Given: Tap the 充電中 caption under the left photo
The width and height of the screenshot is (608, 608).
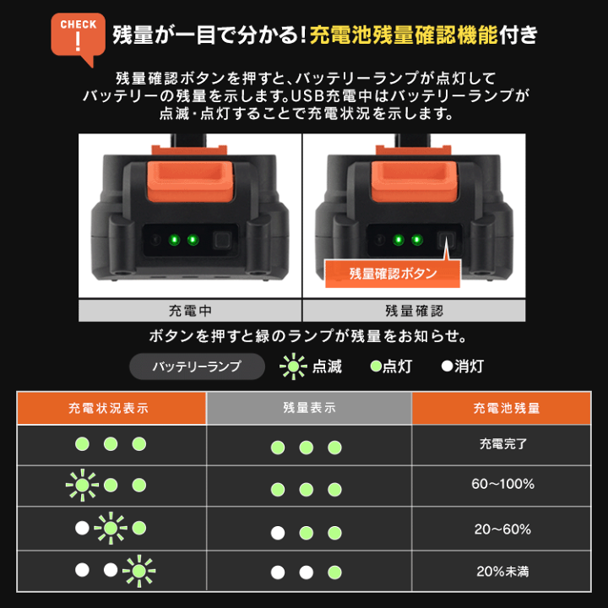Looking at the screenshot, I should (190, 311).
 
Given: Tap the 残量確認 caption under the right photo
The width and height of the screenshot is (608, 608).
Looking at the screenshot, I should (414, 311).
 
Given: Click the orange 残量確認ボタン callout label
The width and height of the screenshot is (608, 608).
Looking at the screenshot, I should (393, 274).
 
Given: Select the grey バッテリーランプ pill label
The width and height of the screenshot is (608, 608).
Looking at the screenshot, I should (197, 366).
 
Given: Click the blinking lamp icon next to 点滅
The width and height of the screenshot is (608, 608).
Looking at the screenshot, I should (293, 366).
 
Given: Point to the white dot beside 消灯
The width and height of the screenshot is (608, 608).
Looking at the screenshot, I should (447, 366).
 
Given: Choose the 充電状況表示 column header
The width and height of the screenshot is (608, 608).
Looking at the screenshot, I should (111, 408).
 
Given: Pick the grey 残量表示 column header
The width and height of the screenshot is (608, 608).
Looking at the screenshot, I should (309, 408).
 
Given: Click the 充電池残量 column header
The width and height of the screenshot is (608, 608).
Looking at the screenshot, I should (506, 408).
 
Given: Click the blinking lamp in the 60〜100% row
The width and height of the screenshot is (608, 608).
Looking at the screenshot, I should (82, 486).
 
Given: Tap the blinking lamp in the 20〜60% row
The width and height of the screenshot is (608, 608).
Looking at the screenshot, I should (111, 529).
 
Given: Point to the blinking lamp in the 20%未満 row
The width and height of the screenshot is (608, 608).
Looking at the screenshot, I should (138, 571).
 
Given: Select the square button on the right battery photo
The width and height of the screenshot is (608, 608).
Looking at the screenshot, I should (447, 241).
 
